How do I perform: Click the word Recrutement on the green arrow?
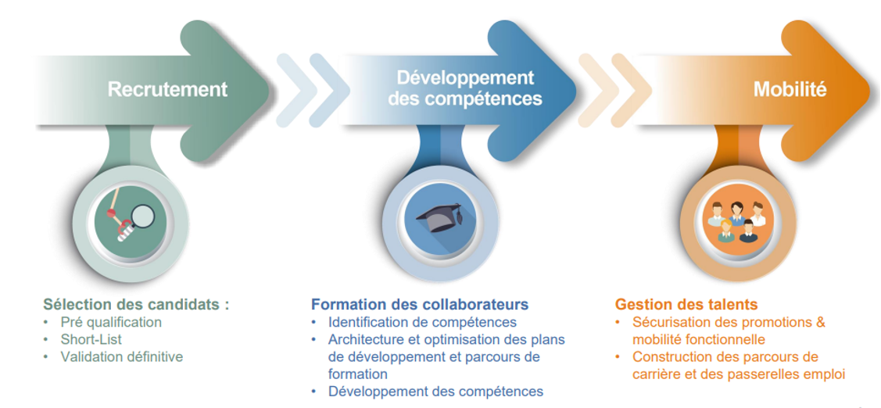(167, 89)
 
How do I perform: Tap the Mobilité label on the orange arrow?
(790, 89)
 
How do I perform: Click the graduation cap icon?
(439, 219)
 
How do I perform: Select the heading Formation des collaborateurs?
(420, 305)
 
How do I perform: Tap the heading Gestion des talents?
(686, 305)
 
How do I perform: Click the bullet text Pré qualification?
(111, 323)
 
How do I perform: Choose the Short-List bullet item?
(91, 339)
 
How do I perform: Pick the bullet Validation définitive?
(122, 357)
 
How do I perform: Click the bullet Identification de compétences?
(422, 323)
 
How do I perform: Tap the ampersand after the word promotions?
(820, 323)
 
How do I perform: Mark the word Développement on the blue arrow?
(466, 77)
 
